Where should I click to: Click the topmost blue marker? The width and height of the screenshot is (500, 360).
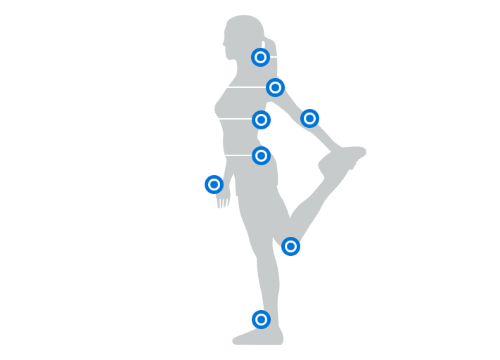pos(260,57)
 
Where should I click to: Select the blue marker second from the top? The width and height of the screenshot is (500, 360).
pos(275,87)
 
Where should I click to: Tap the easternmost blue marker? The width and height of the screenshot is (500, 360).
pos(309,118)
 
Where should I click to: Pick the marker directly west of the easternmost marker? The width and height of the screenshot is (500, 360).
pos(261,120)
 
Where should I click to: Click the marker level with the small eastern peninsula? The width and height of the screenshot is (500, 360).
pos(261,155)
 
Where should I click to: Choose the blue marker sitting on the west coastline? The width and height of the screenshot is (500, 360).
pos(214,184)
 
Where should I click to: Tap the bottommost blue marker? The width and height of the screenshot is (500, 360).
pos(261,319)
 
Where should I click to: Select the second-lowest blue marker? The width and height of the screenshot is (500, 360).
pos(290,246)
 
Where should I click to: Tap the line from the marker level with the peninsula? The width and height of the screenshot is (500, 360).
pos(238,155)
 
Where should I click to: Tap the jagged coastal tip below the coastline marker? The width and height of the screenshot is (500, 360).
pos(220,202)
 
